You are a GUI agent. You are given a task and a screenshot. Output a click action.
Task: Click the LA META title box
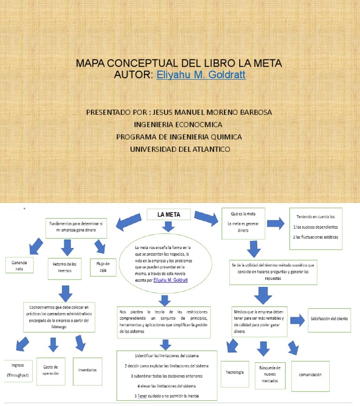(x=169, y=215)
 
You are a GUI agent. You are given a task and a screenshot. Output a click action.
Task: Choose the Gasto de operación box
(x=51, y=370)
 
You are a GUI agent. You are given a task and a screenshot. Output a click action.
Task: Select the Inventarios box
(x=88, y=370)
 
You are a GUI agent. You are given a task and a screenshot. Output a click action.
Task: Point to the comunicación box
(x=310, y=375)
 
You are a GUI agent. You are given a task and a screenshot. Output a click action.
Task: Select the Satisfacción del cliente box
(x=329, y=319)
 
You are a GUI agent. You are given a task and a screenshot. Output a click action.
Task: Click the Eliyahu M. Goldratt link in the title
(x=201, y=75)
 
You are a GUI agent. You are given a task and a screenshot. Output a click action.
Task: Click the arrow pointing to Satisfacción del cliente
(x=297, y=321)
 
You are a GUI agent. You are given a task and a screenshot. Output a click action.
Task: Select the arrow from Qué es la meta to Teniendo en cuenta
(x=275, y=224)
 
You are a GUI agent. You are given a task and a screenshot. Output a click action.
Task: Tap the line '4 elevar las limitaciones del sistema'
(x=167, y=386)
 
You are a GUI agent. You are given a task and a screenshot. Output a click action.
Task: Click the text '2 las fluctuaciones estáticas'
(x=315, y=237)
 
